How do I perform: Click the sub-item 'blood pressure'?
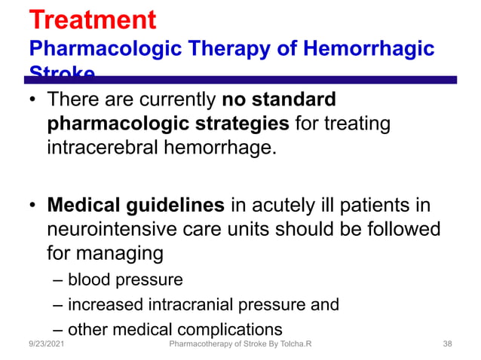click(x=125, y=280)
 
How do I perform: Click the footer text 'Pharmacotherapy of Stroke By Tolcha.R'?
click(x=241, y=343)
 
